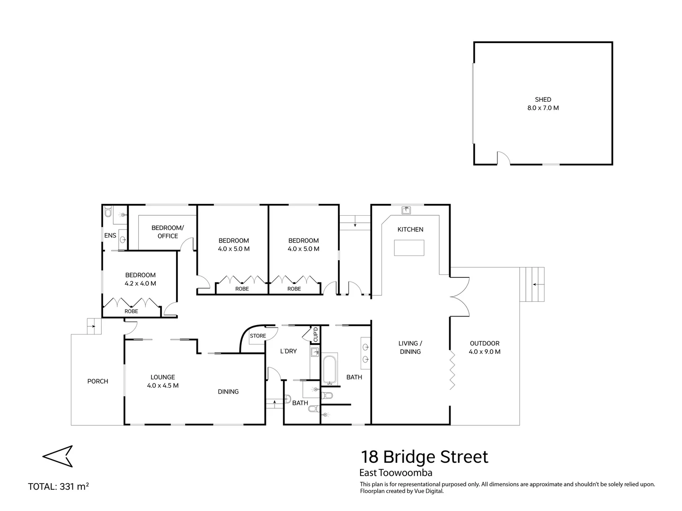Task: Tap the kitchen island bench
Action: pyautogui.click(x=409, y=247)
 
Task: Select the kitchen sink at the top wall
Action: pyautogui.click(x=406, y=210)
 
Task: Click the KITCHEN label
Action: pyautogui.click(x=410, y=229)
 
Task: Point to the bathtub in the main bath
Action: pyautogui.click(x=330, y=370)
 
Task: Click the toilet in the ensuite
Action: pyautogui.click(x=108, y=213)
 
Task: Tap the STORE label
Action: pyautogui.click(x=258, y=336)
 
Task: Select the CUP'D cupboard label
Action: pyautogui.click(x=316, y=335)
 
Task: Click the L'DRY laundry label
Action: pyautogui.click(x=288, y=351)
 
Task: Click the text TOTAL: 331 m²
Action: pyautogui.click(x=59, y=486)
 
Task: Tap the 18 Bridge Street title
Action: pyautogui.click(x=424, y=457)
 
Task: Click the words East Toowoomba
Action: pyautogui.click(x=396, y=473)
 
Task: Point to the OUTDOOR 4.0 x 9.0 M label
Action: pyautogui.click(x=485, y=347)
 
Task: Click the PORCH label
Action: pyautogui.click(x=98, y=381)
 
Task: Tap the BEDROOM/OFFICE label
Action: pyautogui.click(x=168, y=232)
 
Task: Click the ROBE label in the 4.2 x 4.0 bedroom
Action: pyautogui.click(x=131, y=311)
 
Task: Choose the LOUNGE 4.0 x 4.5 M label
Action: pyautogui.click(x=163, y=381)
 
